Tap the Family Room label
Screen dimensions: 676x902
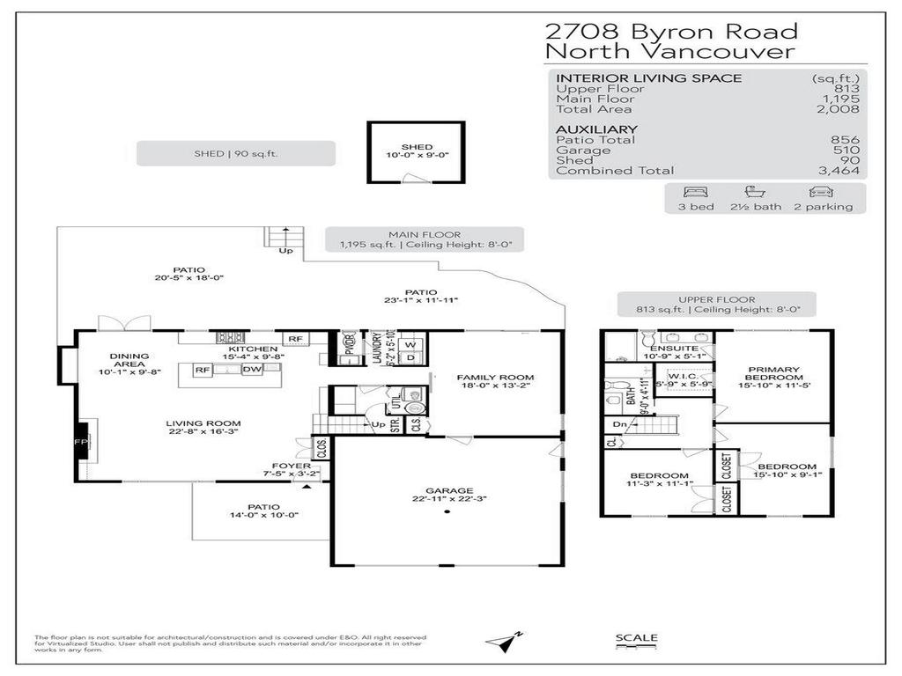[495, 378]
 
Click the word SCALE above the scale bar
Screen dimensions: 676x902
[636, 638]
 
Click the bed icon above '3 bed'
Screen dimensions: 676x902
[694, 191]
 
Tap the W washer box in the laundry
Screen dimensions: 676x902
[410, 343]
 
